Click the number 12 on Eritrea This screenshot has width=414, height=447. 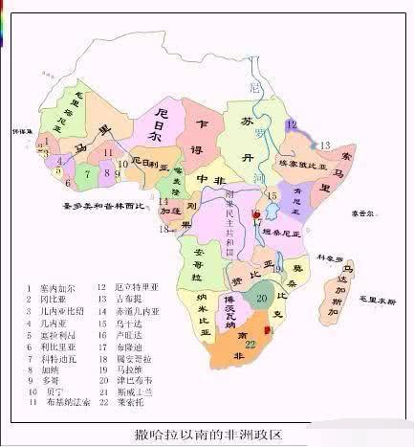coord(292,124)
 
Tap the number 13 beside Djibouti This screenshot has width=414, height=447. coord(324,145)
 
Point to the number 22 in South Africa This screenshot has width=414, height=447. coord(251,344)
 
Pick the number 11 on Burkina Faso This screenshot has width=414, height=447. coord(108,151)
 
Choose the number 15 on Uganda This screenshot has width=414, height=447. coord(272,195)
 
